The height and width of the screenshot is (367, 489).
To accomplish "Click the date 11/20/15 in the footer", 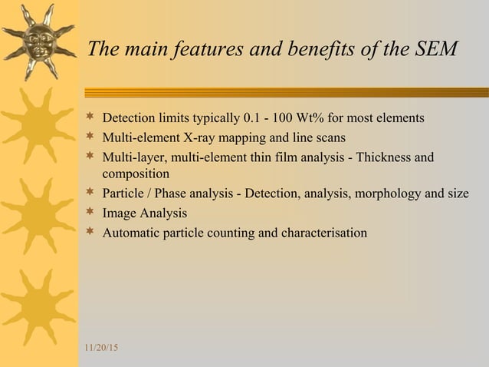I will [101, 349].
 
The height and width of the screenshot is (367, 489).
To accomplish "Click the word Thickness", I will [377, 157].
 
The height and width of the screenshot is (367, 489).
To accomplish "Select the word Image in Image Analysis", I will [120, 213].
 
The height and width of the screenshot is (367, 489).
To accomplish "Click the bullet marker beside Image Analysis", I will [90, 212].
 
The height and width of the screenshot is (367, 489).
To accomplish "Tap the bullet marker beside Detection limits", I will [90, 118].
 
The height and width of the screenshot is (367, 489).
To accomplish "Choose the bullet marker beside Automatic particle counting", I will [90, 231].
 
